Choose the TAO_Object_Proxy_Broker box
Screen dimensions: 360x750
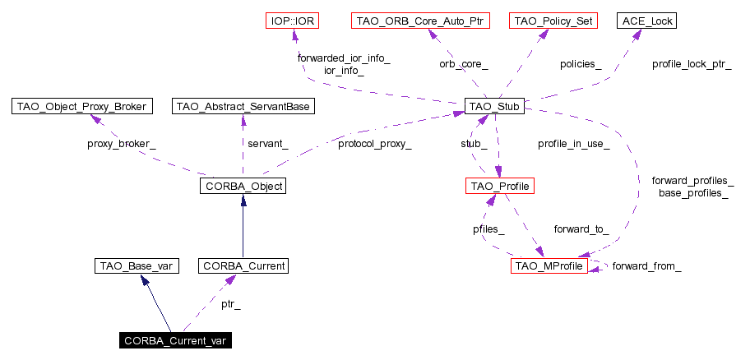81,106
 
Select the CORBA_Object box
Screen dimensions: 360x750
242,187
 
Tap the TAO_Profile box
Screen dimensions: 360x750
500,187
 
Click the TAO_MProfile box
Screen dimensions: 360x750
549,266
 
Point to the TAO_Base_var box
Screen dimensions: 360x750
132,266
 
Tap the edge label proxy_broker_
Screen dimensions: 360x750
121,144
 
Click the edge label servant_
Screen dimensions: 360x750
268,144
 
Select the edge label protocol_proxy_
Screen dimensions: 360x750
374,144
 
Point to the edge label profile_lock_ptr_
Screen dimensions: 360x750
691,63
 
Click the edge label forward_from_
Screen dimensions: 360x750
646,265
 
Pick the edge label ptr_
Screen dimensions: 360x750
231,304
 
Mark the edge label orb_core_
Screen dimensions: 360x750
464,63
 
